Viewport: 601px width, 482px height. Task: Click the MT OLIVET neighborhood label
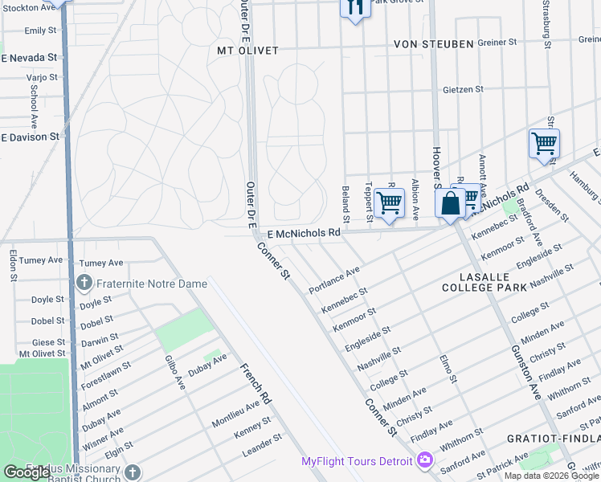click(247, 51)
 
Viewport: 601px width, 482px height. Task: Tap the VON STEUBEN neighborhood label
click(433, 43)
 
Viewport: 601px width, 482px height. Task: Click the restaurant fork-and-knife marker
click(355, 8)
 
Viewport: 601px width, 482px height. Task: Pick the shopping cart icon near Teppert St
click(389, 203)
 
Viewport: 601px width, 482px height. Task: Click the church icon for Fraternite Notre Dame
click(84, 283)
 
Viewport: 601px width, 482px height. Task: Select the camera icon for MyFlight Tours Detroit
click(425, 461)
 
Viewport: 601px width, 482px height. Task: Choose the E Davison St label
click(30, 137)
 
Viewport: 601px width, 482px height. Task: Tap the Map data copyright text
click(550, 476)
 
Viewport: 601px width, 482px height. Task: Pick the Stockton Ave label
click(30, 7)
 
